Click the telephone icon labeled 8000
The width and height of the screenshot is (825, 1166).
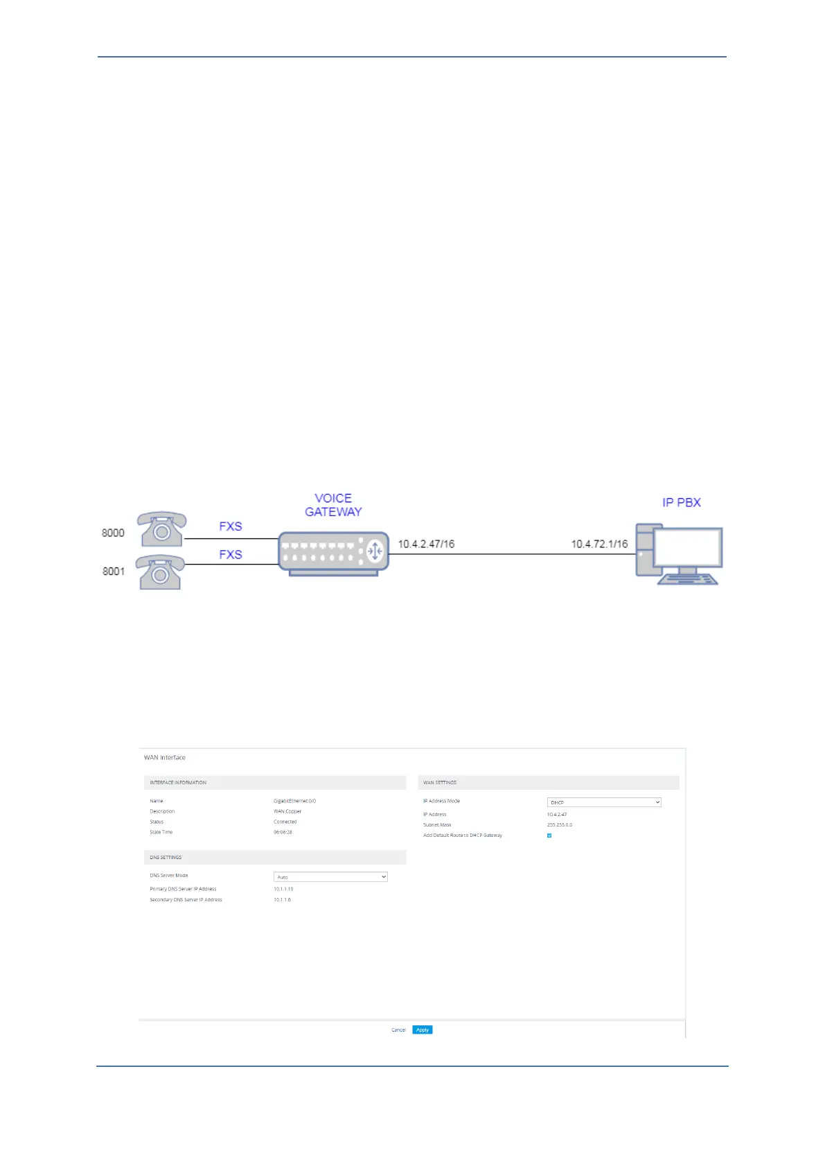[x=161, y=529]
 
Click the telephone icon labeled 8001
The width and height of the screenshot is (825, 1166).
[x=160, y=572]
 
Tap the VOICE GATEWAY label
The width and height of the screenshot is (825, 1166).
[x=333, y=505]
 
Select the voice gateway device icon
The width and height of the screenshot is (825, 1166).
[x=333, y=553]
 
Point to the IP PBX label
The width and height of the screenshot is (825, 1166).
[x=682, y=502]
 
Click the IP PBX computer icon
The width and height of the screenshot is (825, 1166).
[x=679, y=555]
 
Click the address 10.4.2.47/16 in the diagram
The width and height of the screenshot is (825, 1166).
[x=426, y=544]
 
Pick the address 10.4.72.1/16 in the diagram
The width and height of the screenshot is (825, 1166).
[x=599, y=544]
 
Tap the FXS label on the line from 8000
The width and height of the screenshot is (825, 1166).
[x=231, y=527]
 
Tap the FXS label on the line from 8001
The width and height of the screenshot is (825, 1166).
[x=231, y=554]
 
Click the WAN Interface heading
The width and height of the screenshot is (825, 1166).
[x=165, y=757]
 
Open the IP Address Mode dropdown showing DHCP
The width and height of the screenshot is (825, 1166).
[x=604, y=802]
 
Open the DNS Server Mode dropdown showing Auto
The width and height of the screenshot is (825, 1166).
[x=330, y=877]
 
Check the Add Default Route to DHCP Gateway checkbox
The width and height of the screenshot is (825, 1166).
[x=549, y=836]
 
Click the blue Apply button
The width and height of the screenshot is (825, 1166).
[x=422, y=1030]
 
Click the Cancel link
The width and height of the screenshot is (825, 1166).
[x=398, y=1030]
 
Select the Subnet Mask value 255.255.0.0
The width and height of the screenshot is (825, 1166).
[x=560, y=825]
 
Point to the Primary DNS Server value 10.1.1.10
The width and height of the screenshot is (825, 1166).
[x=283, y=889]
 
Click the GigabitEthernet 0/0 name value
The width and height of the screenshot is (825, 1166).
[x=294, y=801]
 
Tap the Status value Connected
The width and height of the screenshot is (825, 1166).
[x=285, y=822]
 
